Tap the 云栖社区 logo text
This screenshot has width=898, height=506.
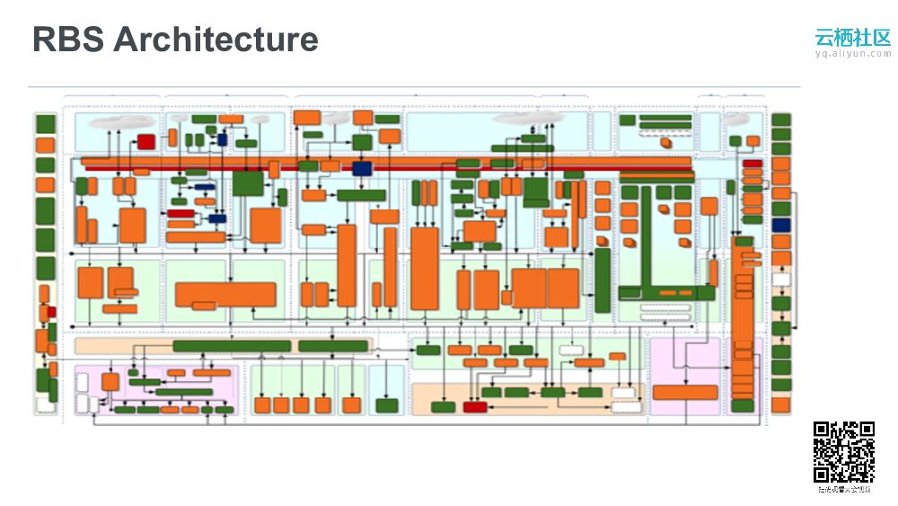852,38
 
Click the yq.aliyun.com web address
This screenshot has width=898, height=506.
852,54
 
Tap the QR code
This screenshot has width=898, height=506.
844,452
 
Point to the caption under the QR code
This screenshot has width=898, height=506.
844,490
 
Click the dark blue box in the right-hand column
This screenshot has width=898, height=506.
781,225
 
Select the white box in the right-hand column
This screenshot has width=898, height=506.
781,280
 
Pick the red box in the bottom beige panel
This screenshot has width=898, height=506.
475,407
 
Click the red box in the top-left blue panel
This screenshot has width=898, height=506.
145,141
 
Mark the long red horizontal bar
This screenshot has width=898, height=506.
386,163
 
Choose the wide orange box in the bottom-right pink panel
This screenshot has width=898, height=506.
685,392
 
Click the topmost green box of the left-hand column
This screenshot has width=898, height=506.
45,123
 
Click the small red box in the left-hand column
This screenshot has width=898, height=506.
51,312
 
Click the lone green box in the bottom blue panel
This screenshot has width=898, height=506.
387,405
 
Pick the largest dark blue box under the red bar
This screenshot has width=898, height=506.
362,168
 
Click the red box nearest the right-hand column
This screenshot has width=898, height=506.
753,164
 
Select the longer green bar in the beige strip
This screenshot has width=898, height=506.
232,346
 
